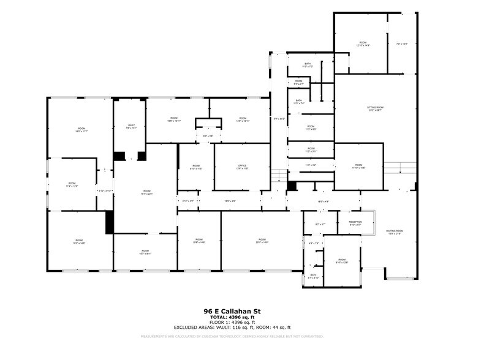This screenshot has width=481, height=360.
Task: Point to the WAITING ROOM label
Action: [394, 231]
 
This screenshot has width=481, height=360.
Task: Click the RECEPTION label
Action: [355, 222]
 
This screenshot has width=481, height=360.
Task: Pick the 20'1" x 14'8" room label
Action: [262, 241]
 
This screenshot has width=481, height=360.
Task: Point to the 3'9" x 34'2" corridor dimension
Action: [279, 118]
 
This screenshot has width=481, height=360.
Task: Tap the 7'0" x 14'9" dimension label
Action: [402, 43]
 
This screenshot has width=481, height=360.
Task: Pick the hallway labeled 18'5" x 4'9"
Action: [323, 201]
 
